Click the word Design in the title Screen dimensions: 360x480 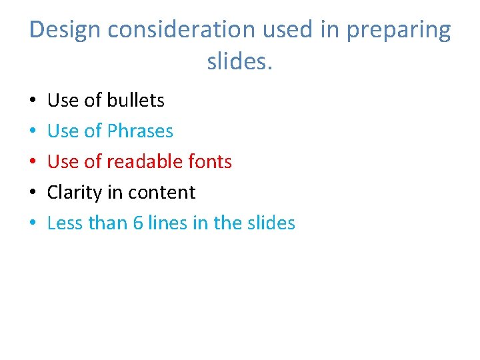point(65,30)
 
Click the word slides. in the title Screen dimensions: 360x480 point(240,61)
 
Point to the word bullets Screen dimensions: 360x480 point(135,100)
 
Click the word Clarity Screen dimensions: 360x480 point(73,193)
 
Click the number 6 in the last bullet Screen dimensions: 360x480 point(138,223)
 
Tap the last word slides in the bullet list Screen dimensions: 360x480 point(269,223)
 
